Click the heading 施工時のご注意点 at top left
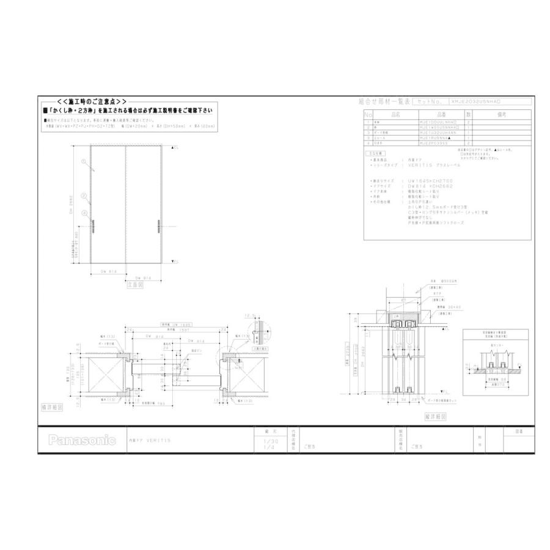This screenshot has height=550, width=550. point(92,101)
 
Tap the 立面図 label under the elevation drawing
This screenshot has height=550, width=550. point(136,284)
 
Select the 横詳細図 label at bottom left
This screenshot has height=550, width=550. point(51,406)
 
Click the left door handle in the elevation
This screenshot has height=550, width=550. point(93,227)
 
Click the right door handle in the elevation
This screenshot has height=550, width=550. point(158,227)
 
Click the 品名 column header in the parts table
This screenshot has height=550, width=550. point(395,114)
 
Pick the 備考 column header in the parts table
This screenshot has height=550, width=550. point(502,114)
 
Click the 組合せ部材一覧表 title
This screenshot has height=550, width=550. point(384,102)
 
